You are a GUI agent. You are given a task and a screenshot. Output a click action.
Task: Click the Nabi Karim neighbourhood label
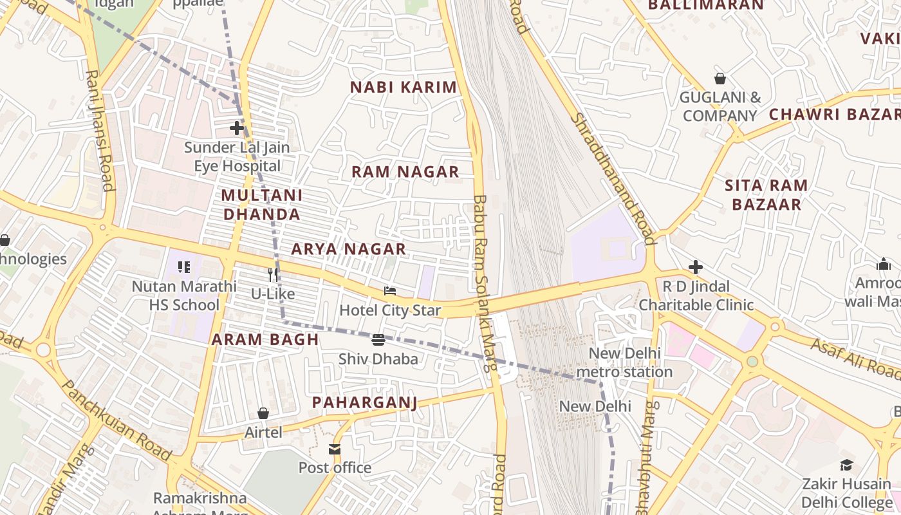[x=403, y=87]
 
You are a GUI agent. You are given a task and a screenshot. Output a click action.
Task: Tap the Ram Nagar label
[x=405, y=171]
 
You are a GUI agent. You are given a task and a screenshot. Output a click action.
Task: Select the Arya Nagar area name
[x=348, y=248]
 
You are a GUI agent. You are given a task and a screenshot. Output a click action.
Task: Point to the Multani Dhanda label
[x=261, y=204]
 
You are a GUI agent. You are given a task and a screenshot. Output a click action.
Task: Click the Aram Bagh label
[x=265, y=339]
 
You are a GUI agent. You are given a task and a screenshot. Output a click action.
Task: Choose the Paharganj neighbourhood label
[x=364, y=402]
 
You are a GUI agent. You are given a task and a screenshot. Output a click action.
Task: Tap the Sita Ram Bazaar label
[x=766, y=195]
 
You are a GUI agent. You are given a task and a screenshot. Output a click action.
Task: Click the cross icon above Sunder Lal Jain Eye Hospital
[x=237, y=128]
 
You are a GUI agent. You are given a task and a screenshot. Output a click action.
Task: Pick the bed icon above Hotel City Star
[x=390, y=291]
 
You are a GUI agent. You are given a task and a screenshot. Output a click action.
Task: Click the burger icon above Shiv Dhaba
[x=378, y=339]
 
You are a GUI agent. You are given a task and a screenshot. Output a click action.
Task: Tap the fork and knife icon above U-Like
[x=273, y=274]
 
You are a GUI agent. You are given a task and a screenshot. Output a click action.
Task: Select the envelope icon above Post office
[x=335, y=449]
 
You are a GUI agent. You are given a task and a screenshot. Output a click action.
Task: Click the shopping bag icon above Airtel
[x=263, y=413]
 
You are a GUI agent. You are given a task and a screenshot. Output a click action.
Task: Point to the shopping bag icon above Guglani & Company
[x=720, y=79]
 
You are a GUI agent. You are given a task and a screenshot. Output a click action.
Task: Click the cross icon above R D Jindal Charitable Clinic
[x=696, y=267]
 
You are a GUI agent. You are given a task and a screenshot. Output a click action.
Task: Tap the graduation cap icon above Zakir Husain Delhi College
[x=846, y=465]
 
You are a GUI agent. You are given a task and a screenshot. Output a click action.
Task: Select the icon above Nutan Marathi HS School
[x=184, y=267]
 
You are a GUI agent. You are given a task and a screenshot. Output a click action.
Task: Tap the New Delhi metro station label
[x=624, y=362]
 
